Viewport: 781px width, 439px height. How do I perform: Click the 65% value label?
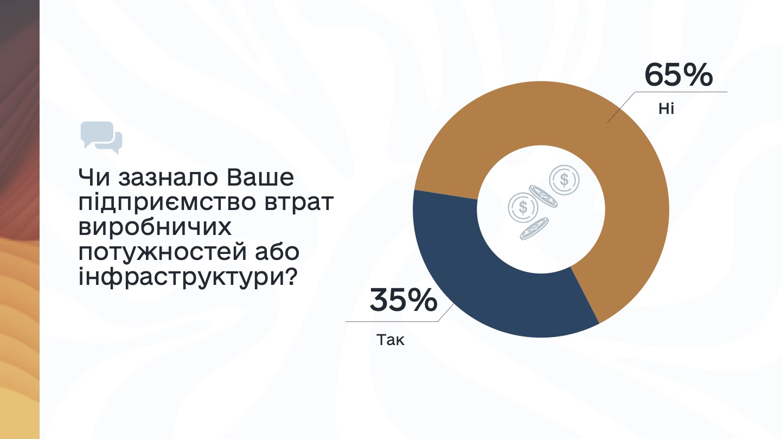678,75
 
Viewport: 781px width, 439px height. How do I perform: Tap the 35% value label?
404,300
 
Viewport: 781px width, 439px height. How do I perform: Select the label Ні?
666,109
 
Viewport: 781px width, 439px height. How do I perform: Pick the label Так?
390,340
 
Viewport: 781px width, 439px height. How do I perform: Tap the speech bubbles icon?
101,137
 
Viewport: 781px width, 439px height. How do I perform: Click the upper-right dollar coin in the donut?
564,180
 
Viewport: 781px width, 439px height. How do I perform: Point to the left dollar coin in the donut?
523,207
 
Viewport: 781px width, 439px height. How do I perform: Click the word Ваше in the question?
260,177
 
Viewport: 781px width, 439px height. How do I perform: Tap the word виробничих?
155,227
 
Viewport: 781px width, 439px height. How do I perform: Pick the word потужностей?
163,252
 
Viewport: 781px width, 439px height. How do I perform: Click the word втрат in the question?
299,203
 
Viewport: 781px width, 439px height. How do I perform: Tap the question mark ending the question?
290,276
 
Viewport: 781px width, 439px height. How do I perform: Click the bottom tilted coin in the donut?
534,228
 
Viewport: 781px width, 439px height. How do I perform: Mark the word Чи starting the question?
94,177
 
